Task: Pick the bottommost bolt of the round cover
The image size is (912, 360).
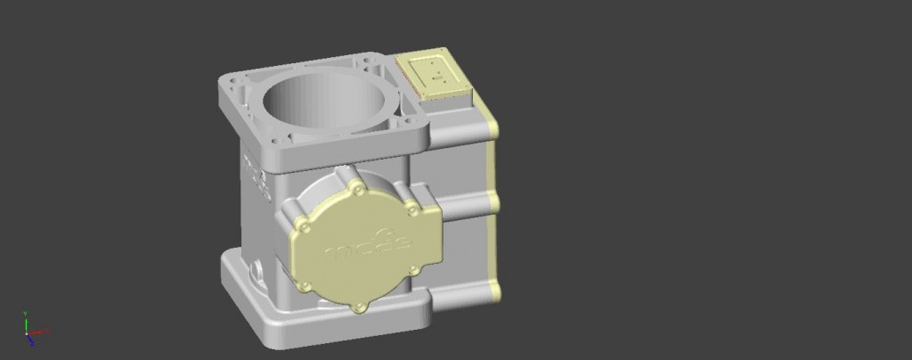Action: [x=359, y=307]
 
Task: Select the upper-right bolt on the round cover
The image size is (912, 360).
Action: [x=411, y=209]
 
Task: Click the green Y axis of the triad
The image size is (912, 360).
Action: [x=26, y=321]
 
